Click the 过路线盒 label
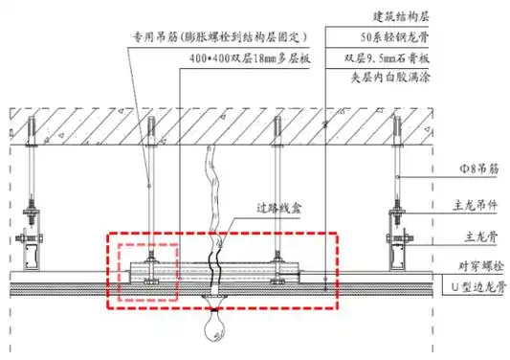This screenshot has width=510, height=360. (279, 208)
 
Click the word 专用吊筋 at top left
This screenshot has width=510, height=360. (156, 38)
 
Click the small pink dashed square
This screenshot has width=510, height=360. (147, 273)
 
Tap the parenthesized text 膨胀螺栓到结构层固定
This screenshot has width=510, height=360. (246, 38)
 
